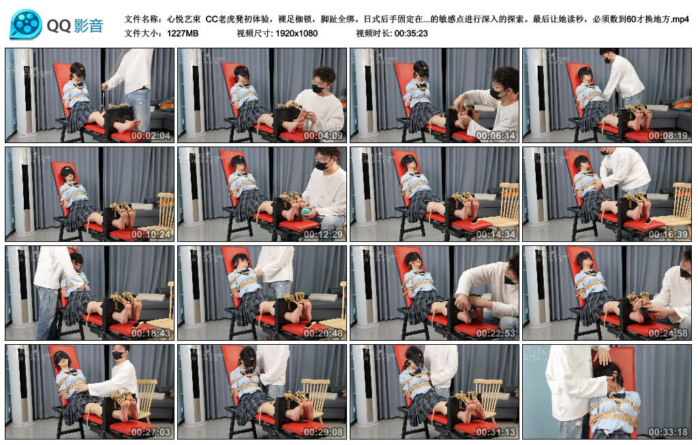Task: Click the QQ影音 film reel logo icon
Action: click(x=26, y=25)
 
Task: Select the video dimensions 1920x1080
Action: click(x=297, y=33)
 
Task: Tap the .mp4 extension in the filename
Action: click(x=680, y=19)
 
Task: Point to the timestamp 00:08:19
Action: click(x=670, y=136)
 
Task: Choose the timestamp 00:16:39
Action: click(x=670, y=235)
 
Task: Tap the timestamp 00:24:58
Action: click(x=670, y=334)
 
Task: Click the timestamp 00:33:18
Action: click(x=670, y=433)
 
